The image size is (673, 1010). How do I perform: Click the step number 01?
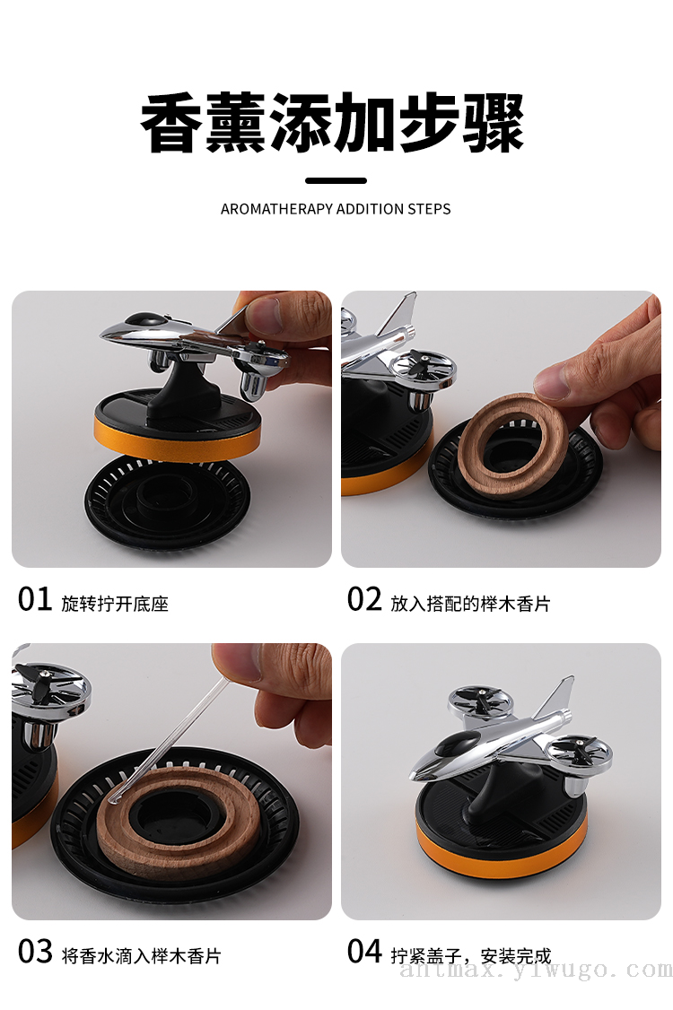pyautogui.click(x=35, y=599)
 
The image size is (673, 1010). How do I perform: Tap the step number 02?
pyautogui.click(x=364, y=599)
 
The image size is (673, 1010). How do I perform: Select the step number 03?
pyautogui.click(x=35, y=952)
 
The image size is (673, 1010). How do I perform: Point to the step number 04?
pyautogui.click(x=364, y=952)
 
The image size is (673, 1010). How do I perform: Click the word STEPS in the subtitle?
pyautogui.click(x=429, y=209)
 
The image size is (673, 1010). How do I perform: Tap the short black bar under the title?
pyautogui.click(x=336, y=181)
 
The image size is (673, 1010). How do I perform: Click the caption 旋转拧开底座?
pyautogui.click(x=115, y=604)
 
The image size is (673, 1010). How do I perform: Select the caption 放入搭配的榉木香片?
pyautogui.click(x=470, y=604)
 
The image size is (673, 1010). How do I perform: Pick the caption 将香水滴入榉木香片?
pyautogui.click(x=141, y=956)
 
